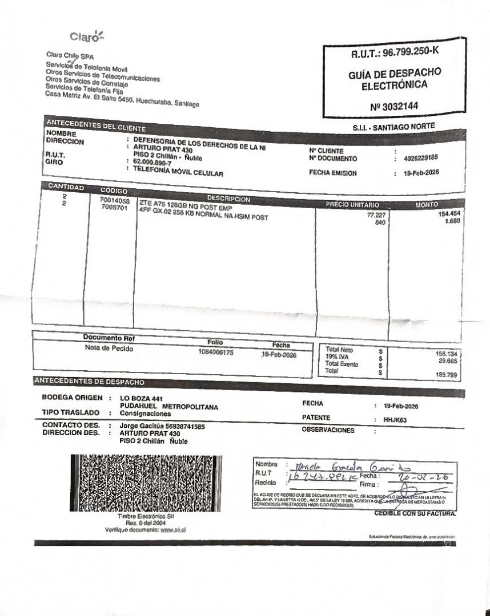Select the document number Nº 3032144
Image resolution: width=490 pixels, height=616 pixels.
tap(393, 106)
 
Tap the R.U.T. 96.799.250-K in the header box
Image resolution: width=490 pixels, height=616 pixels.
tap(395, 54)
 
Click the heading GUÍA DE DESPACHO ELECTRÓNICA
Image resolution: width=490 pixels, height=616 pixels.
tap(394, 80)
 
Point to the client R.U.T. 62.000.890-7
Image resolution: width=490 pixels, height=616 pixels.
tap(151, 163)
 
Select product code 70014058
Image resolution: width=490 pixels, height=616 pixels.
tap(115, 201)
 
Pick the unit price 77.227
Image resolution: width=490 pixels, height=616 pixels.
tap(375, 215)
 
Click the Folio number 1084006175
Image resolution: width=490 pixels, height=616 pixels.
tap(216, 352)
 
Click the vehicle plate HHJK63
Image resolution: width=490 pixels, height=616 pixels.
tap(395, 419)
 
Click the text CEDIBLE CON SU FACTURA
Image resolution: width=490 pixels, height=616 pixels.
tap(415, 514)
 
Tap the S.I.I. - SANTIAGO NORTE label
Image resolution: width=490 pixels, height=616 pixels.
tap(393, 126)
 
